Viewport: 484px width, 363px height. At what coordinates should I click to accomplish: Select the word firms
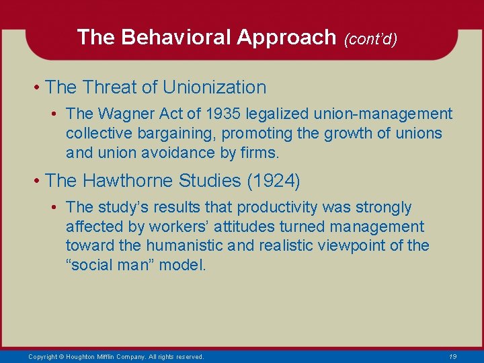pyautogui.click(x=259, y=153)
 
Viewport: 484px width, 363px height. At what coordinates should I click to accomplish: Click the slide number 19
pyautogui.click(x=452, y=356)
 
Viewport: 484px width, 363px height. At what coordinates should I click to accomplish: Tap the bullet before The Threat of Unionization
pyautogui.click(x=39, y=88)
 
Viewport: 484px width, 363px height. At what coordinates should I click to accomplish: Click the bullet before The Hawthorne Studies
pyautogui.click(x=39, y=182)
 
